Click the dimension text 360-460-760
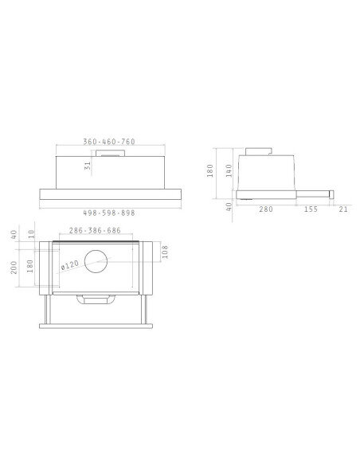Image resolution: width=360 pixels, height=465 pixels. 109,142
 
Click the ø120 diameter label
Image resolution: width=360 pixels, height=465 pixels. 73,264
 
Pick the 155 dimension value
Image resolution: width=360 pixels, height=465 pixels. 311,209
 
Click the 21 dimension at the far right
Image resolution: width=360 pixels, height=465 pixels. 343,209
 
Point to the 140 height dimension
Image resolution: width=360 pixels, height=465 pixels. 228,170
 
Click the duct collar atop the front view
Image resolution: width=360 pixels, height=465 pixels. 110,151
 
